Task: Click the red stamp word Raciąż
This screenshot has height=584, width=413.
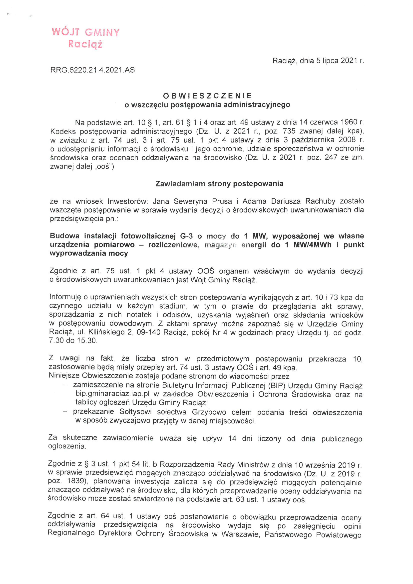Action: tap(85, 44)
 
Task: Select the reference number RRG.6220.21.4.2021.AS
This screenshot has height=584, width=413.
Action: tap(93, 70)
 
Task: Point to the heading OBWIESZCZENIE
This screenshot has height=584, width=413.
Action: tap(207, 96)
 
